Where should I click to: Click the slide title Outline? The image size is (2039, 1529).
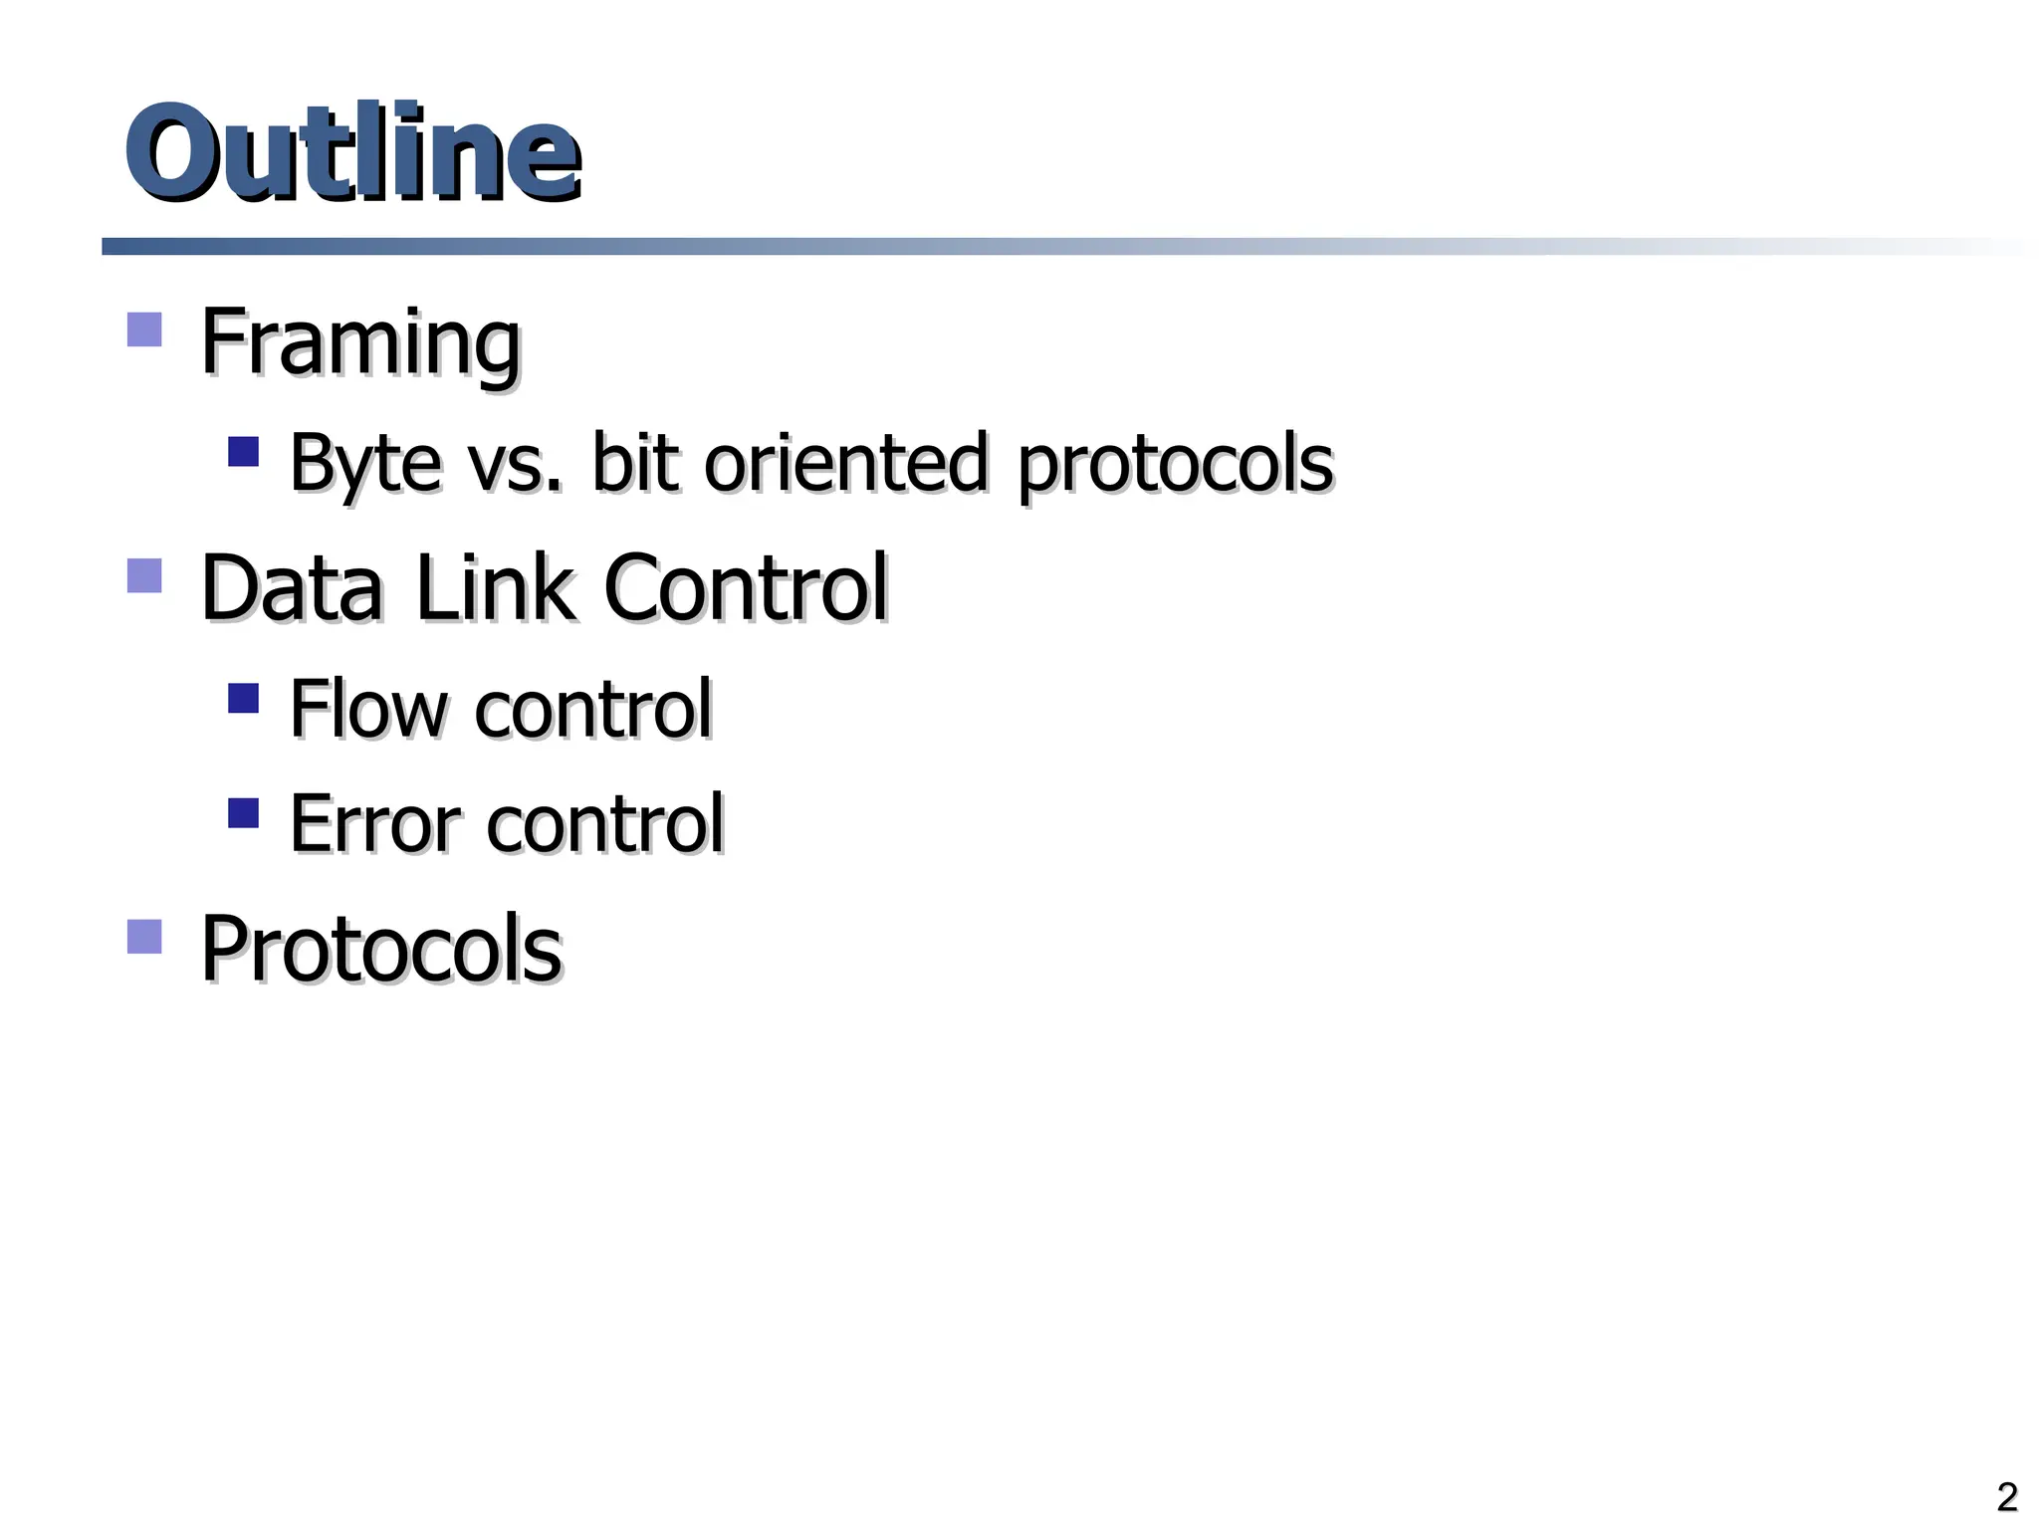click(x=352, y=154)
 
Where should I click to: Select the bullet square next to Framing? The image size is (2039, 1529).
click(x=145, y=329)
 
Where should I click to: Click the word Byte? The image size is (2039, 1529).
click(x=364, y=464)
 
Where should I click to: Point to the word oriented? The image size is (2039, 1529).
click(x=845, y=464)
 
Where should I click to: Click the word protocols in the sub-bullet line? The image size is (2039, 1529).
click(x=1175, y=464)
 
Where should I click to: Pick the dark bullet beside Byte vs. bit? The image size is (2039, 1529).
click(x=243, y=452)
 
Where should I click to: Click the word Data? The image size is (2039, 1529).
click(x=292, y=588)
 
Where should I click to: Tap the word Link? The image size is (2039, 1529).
click(x=494, y=588)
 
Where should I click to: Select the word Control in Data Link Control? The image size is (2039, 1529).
click(x=745, y=588)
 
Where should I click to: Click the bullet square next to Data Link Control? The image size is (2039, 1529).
click(x=145, y=575)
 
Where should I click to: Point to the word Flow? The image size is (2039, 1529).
click(x=368, y=709)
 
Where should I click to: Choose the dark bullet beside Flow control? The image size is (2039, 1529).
click(x=243, y=698)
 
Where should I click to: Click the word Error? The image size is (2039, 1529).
click(x=375, y=824)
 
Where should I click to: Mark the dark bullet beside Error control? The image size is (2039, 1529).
click(x=243, y=813)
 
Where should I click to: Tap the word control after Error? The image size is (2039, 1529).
click(x=605, y=824)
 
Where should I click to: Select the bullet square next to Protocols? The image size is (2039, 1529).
click(x=145, y=937)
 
